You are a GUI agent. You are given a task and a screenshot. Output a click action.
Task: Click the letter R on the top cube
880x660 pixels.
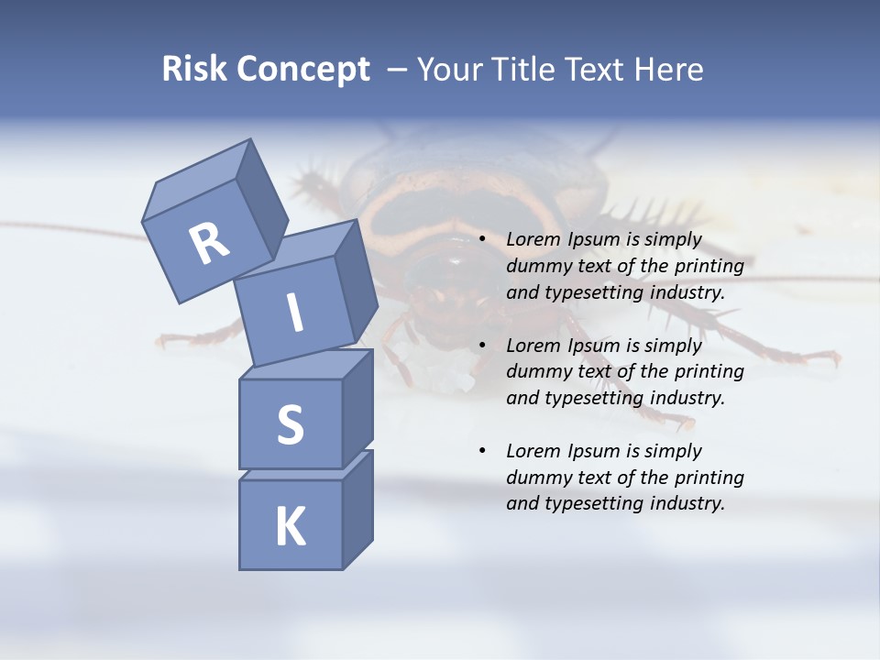pos(209,244)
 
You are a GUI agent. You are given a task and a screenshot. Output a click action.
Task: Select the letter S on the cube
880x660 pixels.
pos(290,424)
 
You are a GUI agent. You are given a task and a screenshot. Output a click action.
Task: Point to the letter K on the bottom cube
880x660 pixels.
pos(290,526)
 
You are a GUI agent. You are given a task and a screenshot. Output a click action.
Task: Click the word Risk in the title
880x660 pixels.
pos(195,70)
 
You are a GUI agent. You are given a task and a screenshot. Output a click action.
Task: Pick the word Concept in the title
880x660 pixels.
pos(304,70)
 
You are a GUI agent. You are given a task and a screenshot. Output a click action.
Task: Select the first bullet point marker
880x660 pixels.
pos(482,240)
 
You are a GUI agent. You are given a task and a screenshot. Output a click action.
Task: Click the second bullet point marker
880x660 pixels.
pos(482,346)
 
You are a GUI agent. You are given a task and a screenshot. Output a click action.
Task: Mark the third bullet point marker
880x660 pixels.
pos(482,452)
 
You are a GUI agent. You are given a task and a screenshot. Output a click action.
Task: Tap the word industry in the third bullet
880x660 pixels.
pos(687,503)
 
